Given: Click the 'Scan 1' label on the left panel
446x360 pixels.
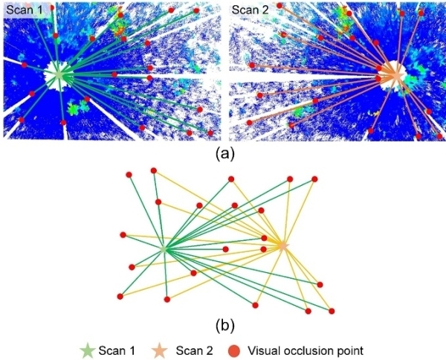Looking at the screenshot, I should [23, 10].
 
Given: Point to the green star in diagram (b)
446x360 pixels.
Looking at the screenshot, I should [164, 249].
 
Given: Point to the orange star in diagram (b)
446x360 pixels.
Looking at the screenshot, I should [282, 245].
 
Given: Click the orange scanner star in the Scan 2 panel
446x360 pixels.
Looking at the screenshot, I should [395, 75].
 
